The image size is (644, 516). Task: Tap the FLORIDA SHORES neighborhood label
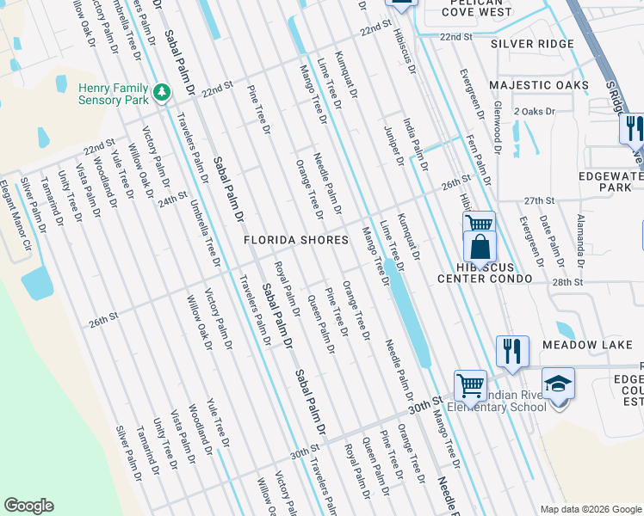coord(295,240)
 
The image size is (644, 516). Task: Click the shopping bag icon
coord(480,246)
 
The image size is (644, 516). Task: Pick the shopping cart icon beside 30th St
coord(470,384)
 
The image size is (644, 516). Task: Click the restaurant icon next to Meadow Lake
coord(511,350)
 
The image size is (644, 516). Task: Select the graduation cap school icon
coord(557,383)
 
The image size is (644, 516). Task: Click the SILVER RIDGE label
coord(532,44)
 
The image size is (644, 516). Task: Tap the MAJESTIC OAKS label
coord(539,85)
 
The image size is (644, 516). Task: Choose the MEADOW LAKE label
coord(587,345)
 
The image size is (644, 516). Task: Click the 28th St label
coord(567,282)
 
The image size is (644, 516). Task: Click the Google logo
coord(28,506)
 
